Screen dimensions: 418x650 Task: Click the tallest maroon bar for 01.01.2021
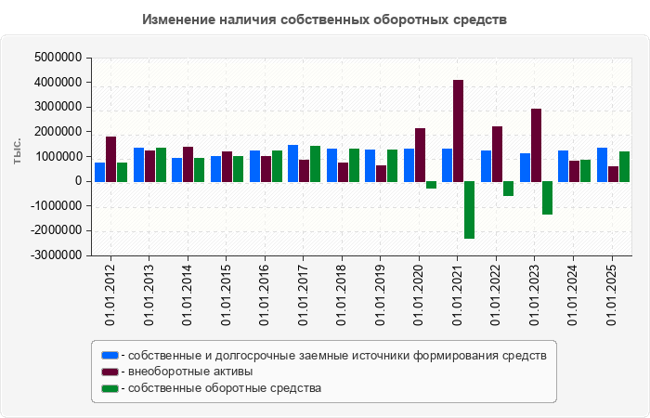click(458, 130)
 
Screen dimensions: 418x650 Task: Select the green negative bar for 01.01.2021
click(469, 210)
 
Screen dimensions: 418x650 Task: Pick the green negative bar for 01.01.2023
click(547, 198)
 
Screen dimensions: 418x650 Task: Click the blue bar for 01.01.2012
click(99, 172)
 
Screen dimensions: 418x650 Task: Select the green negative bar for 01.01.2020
click(431, 185)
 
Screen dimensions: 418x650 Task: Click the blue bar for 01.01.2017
click(292, 163)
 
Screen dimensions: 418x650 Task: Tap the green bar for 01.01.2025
click(625, 166)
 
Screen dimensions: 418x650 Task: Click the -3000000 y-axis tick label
click(55, 255)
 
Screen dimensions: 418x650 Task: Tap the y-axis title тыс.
click(17, 151)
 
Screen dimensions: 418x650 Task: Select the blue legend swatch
click(110, 356)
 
